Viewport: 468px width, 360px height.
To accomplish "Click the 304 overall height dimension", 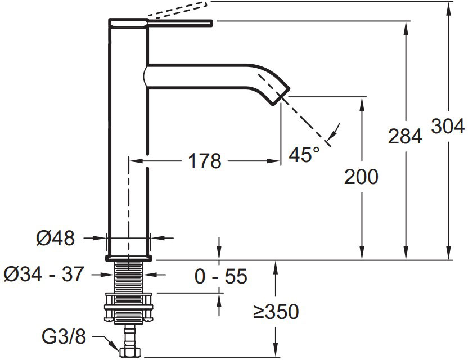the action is tap(448, 126).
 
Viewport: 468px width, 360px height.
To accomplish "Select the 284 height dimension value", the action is tap(405, 136).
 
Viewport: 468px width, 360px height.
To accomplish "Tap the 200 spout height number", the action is tap(361, 177).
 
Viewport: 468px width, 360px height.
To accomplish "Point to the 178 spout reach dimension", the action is tap(205, 161).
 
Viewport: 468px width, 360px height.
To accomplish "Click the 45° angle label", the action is tap(304, 154).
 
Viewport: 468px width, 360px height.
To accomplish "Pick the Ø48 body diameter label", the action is tap(56, 238).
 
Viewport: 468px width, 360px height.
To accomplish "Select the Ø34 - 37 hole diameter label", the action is tap(44, 274).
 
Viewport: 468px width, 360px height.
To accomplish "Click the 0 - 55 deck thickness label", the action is tap(221, 276).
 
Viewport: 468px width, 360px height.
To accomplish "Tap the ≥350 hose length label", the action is tap(276, 312).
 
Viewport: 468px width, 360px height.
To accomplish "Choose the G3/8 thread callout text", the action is tap(64, 337).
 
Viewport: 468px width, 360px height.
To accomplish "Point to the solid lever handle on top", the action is tap(180, 23).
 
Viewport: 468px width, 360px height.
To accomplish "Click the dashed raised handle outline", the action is tap(177, 10).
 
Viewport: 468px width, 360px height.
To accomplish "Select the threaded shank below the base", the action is tap(128, 276).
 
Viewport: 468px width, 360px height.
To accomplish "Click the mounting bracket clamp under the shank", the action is tap(128, 308).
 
